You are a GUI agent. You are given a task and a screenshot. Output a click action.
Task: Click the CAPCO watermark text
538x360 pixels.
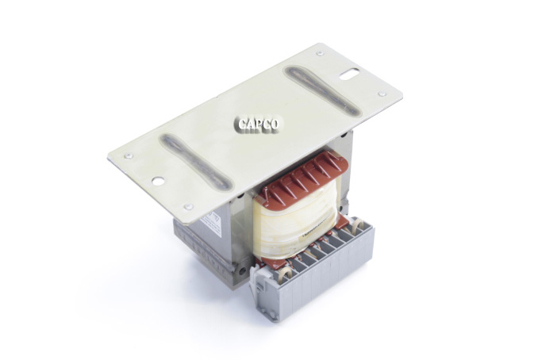pos(259,124)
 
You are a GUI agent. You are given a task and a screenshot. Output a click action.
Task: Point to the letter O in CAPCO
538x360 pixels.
pos(275,124)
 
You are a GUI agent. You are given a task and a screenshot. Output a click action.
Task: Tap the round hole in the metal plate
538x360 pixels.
pos(158,181)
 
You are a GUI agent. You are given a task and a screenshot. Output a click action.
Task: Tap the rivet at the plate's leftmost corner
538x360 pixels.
pos(129,156)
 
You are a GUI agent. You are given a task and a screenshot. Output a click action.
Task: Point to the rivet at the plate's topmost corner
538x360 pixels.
pos(319,54)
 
